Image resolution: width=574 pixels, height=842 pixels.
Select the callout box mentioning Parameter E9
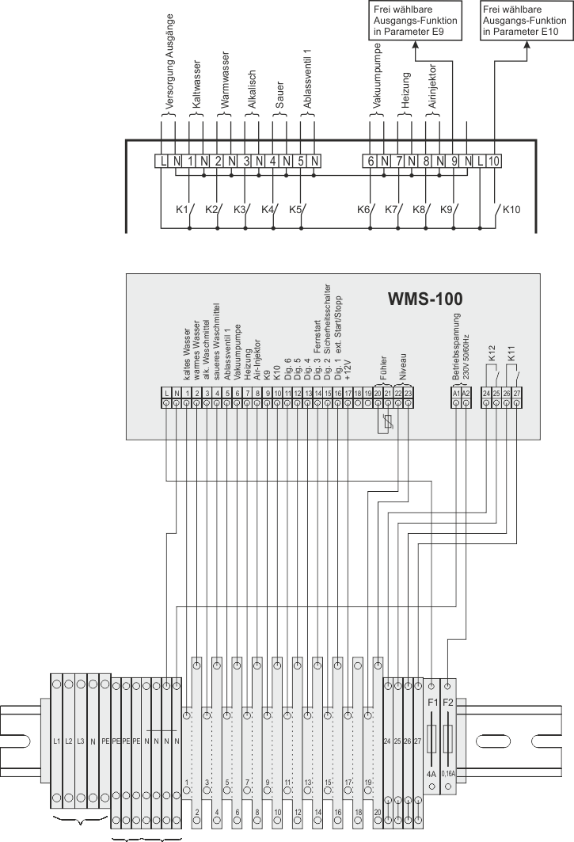[x=411, y=21]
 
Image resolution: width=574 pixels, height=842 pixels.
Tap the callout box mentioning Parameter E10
[x=523, y=21]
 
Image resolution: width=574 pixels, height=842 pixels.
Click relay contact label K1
[x=181, y=209]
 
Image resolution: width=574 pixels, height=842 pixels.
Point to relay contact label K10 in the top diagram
[x=511, y=209]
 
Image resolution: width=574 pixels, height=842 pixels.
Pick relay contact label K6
[x=363, y=209]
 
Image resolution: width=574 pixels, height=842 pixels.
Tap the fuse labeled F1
[x=432, y=703]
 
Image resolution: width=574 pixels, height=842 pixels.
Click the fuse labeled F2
[x=448, y=703]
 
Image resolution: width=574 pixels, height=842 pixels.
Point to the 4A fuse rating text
[x=432, y=773]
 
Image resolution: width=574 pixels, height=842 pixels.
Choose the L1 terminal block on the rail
[x=56, y=741]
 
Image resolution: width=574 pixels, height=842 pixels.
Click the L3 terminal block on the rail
[x=81, y=741]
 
